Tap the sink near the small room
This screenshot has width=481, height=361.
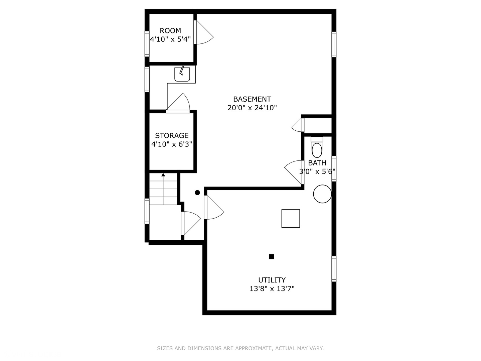click(182, 74)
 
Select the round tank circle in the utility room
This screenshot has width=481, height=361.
click(322, 194)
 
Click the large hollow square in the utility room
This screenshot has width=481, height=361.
click(291, 219)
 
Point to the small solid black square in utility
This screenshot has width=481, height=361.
click(272, 257)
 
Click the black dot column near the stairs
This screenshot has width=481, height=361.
click(197, 193)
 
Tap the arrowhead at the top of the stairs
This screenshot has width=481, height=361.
click(163, 175)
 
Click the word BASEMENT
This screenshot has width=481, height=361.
click(252, 99)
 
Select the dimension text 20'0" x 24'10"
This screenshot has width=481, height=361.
click(252, 108)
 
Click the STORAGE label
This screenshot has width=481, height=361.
click(172, 136)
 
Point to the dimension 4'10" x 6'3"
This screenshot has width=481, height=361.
click(172, 144)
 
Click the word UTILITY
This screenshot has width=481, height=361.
click(272, 280)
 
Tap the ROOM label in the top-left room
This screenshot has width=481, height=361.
click(170, 31)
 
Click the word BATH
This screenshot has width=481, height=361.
click(317, 163)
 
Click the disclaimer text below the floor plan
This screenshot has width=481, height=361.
click(240, 348)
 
